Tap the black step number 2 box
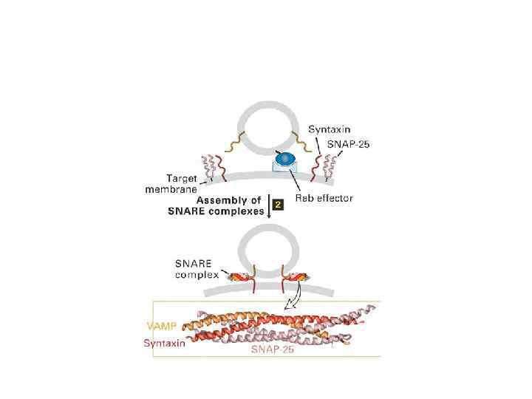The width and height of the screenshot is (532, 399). tap(279, 205)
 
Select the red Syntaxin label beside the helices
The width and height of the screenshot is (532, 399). tap(163, 343)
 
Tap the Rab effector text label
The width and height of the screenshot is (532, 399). tap(324, 198)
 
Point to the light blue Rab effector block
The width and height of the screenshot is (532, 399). tap(282, 169)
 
